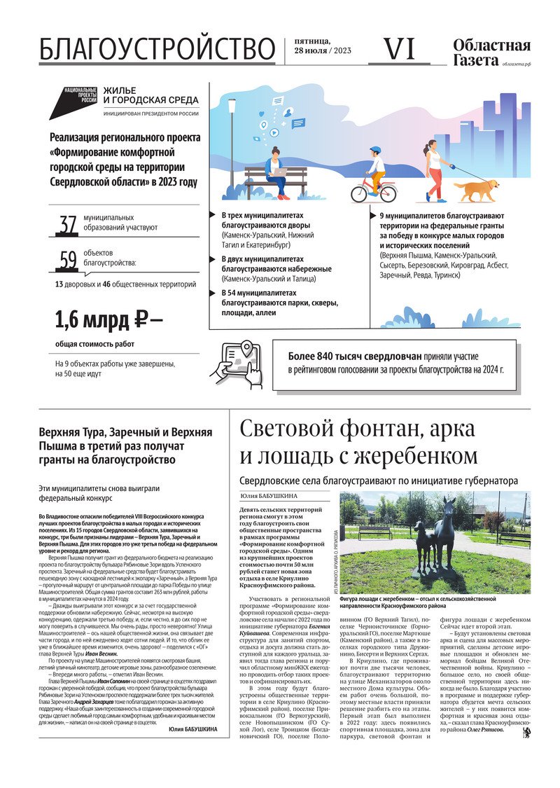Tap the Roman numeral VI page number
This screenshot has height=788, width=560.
pyautogui.click(x=400, y=48)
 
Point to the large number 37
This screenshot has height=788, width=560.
pyautogui.click(x=68, y=225)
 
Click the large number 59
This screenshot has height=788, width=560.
pyautogui.click(x=68, y=261)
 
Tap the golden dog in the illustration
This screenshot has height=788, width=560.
pyautogui.click(x=476, y=188)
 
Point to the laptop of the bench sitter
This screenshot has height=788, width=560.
pyautogui.click(x=279, y=172)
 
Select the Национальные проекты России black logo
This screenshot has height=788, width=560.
pyautogui.click(x=80, y=96)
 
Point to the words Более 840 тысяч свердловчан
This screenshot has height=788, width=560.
pyautogui.click(x=344, y=354)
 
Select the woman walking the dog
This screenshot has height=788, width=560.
pyautogui.click(x=435, y=168)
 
